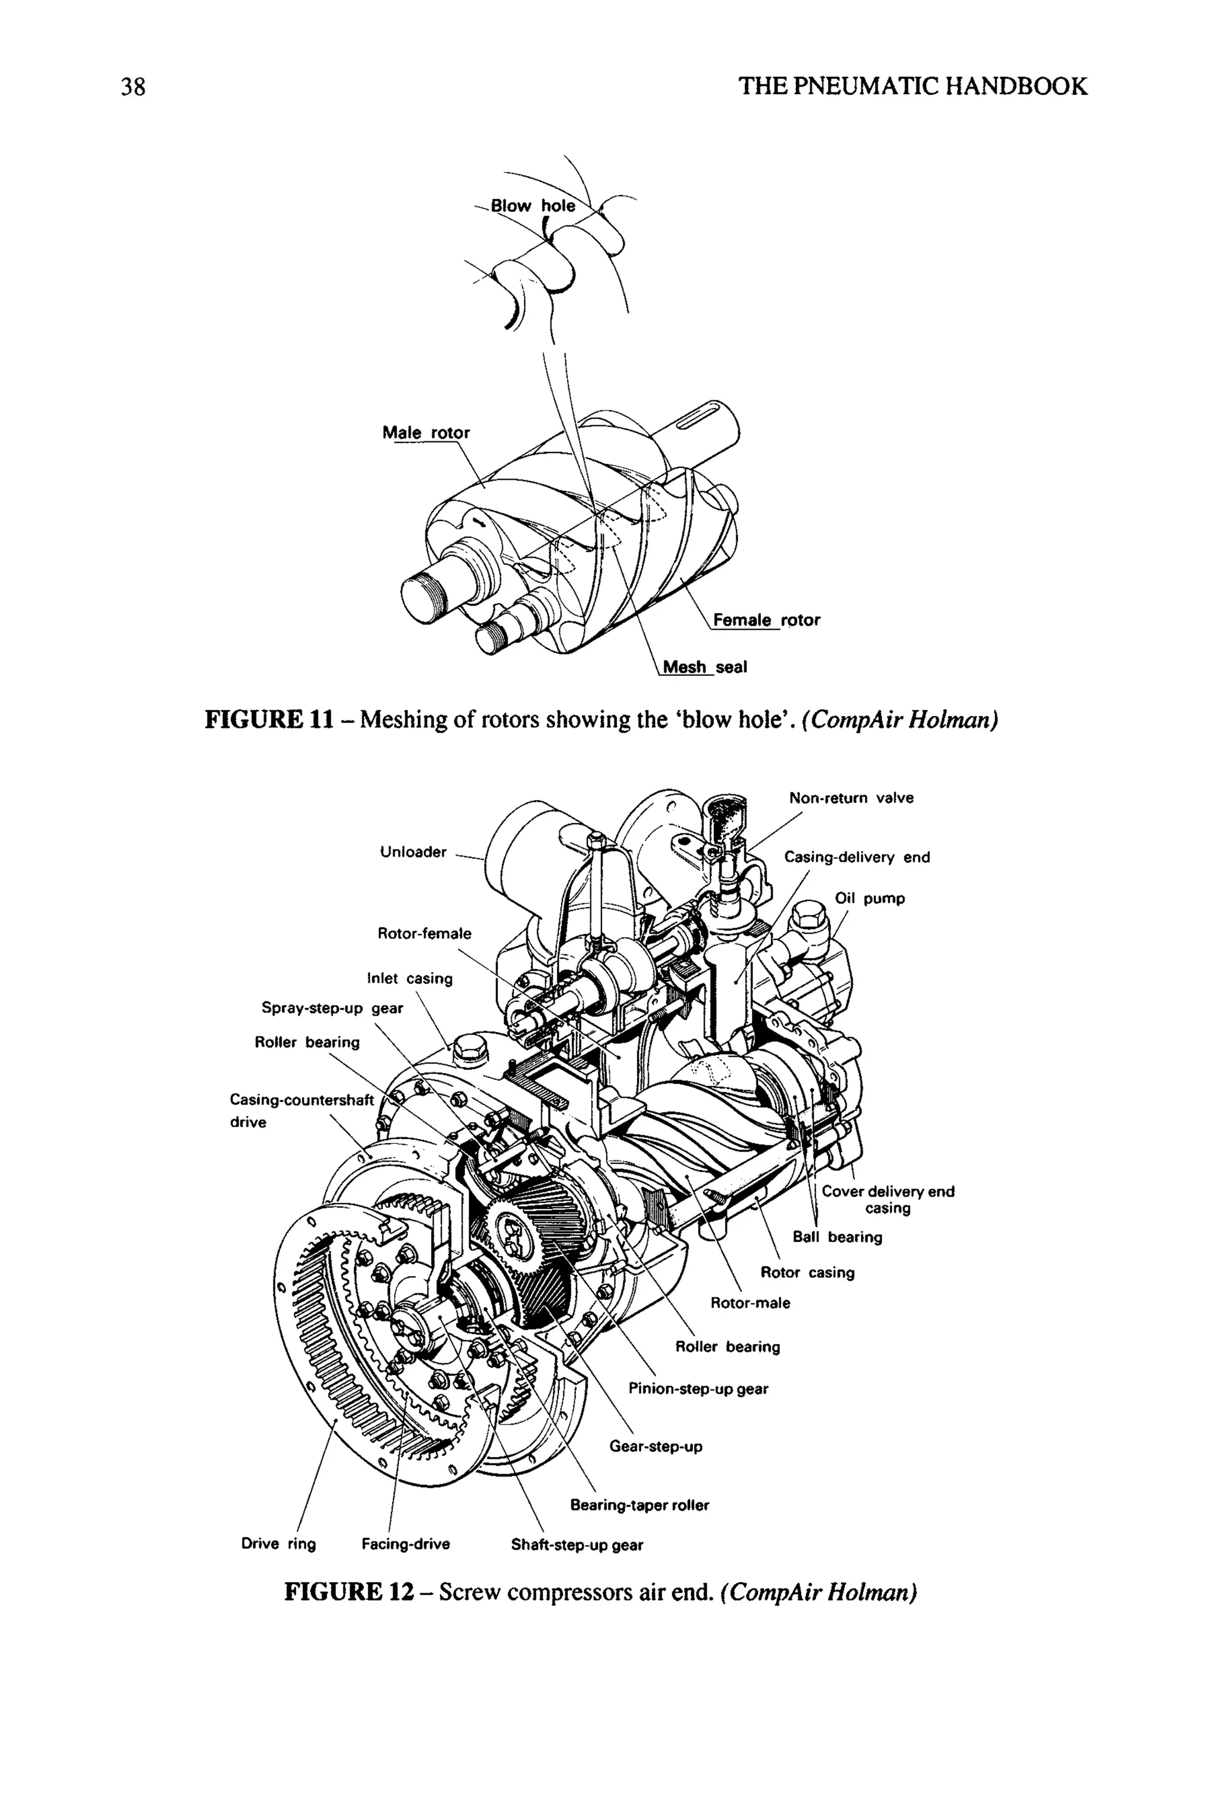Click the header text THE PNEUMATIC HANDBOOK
tap(913, 86)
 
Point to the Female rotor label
tap(766, 620)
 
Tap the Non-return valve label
tap(851, 798)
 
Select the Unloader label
tap(413, 852)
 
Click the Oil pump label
tap(870, 898)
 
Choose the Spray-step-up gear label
tap(332, 1008)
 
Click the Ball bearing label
tap(837, 1237)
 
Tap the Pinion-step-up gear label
tap(698, 1388)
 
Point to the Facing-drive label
tap(406, 1544)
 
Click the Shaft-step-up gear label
tap(577, 1545)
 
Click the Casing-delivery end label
tap(857, 857)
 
